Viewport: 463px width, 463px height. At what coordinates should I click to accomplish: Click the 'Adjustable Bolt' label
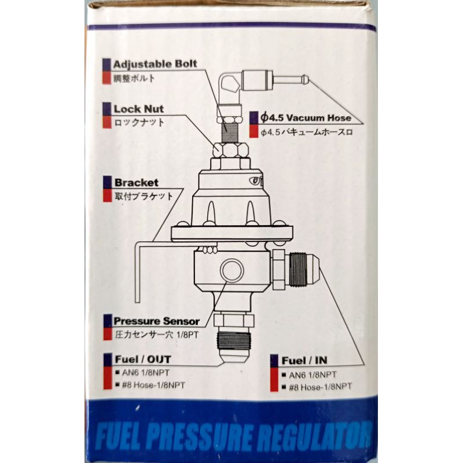click(155, 64)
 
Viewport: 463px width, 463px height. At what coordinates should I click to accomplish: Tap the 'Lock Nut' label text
click(138, 109)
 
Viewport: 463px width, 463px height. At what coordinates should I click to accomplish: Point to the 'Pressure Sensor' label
click(156, 321)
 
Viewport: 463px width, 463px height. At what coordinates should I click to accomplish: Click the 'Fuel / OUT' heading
click(142, 359)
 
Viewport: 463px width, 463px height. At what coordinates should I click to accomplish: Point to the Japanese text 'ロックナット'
click(139, 122)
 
